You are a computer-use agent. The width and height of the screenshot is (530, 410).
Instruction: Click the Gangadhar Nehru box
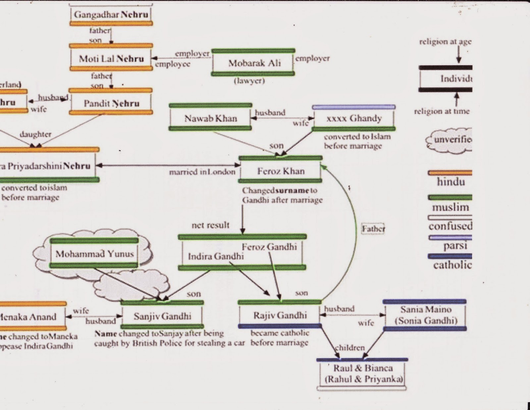(111, 15)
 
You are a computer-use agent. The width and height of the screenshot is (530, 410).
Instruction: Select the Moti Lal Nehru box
(111, 59)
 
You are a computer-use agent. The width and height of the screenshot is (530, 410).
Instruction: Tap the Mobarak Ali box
(253, 63)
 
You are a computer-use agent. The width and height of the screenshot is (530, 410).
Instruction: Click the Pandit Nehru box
(111, 103)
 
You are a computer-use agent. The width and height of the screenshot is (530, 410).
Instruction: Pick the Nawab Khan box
(211, 118)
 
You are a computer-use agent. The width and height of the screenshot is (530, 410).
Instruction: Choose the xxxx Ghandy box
(354, 118)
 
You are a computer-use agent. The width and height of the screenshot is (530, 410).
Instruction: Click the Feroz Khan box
(281, 171)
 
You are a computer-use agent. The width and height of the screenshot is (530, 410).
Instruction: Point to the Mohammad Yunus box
(94, 254)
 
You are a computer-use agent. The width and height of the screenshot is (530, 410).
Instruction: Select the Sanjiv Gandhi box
(162, 316)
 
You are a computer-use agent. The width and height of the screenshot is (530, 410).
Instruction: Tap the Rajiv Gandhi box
(280, 315)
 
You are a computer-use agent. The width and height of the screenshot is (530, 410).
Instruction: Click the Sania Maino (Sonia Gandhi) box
(425, 315)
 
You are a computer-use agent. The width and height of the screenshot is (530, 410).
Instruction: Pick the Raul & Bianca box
(363, 374)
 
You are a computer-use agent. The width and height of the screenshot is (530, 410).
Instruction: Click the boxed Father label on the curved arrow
(373, 229)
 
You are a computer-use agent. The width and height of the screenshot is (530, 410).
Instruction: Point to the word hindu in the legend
(450, 182)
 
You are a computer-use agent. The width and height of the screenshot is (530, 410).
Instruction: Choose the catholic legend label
(452, 265)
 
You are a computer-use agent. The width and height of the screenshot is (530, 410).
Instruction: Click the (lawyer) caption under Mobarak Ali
(249, 81)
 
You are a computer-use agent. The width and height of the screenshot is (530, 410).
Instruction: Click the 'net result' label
(210, 225)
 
